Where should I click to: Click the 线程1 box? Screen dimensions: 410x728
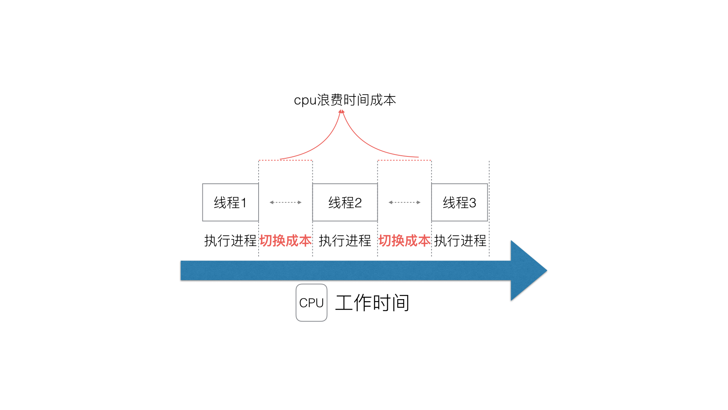(x=230, y=202)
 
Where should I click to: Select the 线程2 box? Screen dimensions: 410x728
(x=345, y=202)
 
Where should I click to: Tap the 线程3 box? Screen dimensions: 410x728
(x=459, y=202)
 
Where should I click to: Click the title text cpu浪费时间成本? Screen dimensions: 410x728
(x=345, y=100)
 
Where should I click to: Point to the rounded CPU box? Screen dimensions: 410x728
(x=311, y=303)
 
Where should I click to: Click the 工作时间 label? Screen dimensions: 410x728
(x=372, y=303)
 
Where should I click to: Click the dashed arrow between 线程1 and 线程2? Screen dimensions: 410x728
(x=286, y=202)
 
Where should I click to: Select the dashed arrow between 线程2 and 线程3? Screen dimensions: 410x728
(x=405, y=202)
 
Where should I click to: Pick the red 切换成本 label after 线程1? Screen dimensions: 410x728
(x=286, y=241)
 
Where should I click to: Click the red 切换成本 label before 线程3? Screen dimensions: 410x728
(x=405, y=241)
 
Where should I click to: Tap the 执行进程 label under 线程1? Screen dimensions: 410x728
(x=230, y=241)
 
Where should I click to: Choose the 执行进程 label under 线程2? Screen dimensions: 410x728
(x=345, y=241)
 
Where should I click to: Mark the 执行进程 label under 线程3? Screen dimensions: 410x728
(x=460, y=241)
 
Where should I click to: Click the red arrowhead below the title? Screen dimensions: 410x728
(x=342, y=112)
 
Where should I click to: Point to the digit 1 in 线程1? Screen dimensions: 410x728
(x=244, y=203)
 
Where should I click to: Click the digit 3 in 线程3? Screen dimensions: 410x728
(x=472, y=203)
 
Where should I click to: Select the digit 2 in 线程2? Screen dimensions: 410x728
(x=358, y=203)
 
